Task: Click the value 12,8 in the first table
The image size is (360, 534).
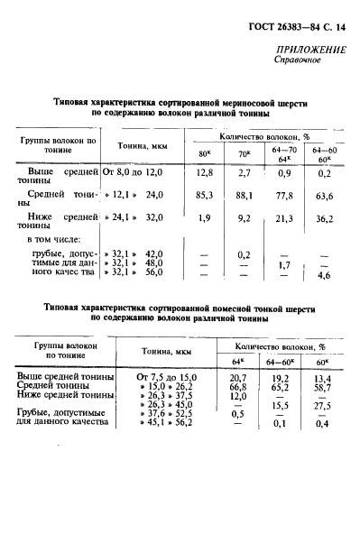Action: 204,170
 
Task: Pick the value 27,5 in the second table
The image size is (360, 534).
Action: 320,403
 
